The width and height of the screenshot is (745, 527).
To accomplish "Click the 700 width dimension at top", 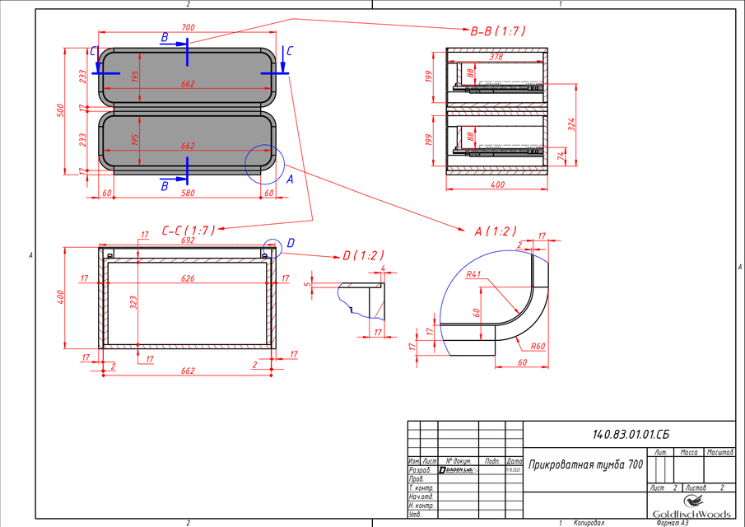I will click(188, 28).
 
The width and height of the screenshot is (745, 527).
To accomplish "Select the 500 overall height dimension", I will click(59, 110).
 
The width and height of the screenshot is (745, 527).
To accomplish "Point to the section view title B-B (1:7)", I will click(497, 31).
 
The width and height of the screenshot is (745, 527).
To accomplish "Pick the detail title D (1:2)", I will click(363, 255).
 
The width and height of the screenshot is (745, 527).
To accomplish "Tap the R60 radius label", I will click(538, 347).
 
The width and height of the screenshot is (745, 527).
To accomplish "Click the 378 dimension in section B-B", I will click(496, 58).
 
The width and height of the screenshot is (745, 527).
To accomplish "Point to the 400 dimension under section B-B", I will click(497, 185).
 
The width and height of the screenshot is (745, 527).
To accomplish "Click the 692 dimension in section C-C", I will click(188, 241).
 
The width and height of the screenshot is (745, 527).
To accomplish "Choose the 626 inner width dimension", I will click(188, 279).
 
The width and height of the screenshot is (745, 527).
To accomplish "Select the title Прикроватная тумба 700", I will click(585, 464).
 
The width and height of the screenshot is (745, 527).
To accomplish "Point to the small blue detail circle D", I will click(272, 248).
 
